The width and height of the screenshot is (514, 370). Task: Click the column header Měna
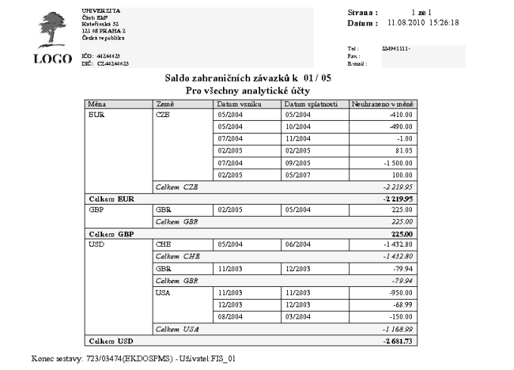pyautogui.click(x=98, y=103)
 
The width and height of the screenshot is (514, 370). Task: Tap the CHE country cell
pyautogui.click(x=163, y=245)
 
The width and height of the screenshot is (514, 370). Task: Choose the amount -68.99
pyautogui.click(x=401, y=304)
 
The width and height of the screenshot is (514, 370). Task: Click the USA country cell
pyautogui.click(x=163, y=292)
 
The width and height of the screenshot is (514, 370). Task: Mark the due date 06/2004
pyautogui.click(x=297, y=245)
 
